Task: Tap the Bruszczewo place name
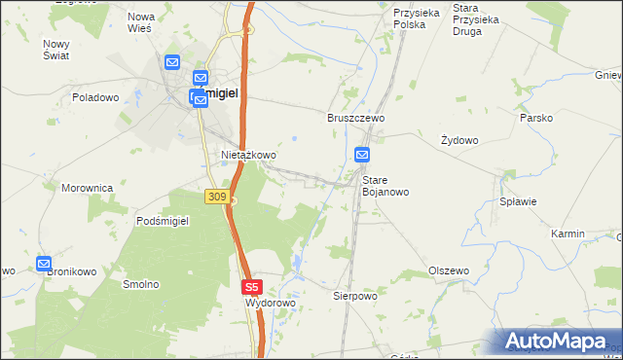coord(355,117)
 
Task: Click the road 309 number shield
coord(217,197)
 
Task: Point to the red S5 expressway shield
coord(252,287)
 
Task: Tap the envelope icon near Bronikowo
coord(44,264)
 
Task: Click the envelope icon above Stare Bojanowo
coord(362,154)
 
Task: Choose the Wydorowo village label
coord(270,304)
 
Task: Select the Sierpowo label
coord(354,295)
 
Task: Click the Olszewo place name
coord(449,270)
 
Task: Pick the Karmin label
coord(567,234)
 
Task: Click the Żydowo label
coord(459,140)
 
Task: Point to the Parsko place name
coord(536,118)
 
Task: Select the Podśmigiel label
coord(162,221)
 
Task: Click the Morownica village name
coord(88,188)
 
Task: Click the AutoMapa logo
coord(556,342)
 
